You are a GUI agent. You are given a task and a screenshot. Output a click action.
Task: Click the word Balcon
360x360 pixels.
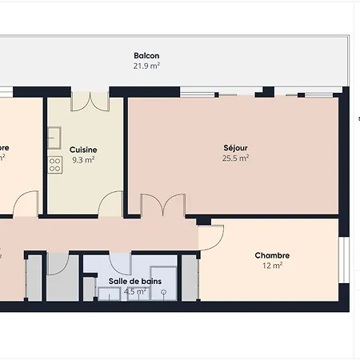pos(146,56)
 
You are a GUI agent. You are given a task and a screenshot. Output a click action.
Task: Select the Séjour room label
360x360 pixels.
pos(236,148)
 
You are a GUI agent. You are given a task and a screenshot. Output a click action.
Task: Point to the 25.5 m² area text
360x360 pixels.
pos(236,158)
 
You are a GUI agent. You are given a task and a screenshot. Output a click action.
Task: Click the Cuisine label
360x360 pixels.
pos(83,150)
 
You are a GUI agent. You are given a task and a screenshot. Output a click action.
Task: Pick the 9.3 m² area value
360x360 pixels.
pos(83,159)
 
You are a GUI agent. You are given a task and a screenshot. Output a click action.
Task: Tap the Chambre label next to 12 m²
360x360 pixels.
pos(272,255)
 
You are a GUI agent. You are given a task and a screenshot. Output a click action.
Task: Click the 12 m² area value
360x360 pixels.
pos(272,266)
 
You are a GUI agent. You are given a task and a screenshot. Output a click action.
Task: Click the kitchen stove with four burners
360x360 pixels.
pos(55,165)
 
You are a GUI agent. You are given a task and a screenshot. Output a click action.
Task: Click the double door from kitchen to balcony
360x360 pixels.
pos(90,101)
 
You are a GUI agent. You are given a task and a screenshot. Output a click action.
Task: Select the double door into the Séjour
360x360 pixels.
pos(154,206)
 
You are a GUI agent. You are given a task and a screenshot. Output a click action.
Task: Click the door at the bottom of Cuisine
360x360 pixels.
pos(110,206)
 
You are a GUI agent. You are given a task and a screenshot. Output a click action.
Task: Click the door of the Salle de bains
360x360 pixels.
pos(120,263)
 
